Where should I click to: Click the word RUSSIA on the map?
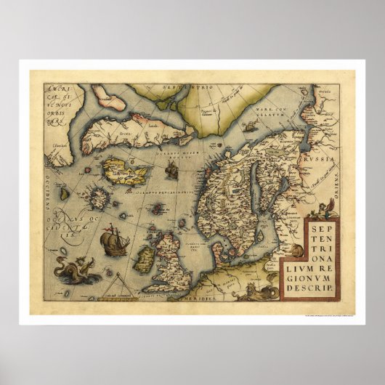[x=319, y=158]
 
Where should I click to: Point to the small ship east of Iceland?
[x=172, y=170]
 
